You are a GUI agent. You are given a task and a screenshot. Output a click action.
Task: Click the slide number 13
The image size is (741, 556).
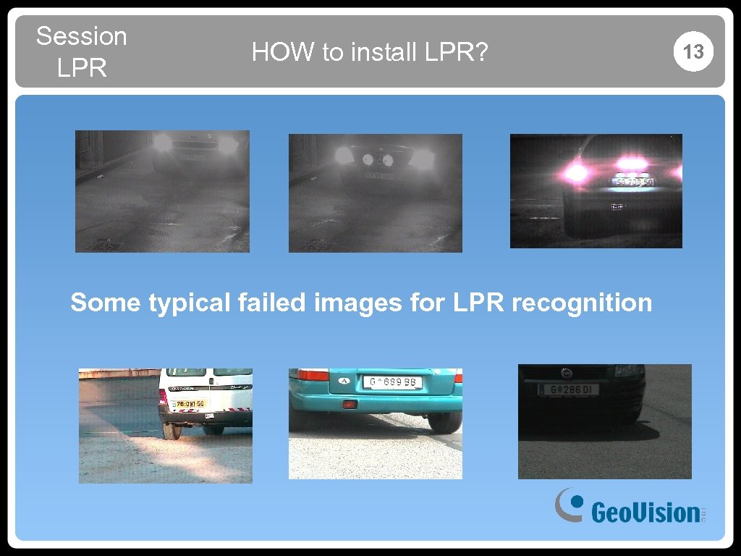pyautogui.click(x=693, y=51)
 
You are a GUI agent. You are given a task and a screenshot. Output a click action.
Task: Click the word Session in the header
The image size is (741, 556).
pyautogui.click(x=81, y=36)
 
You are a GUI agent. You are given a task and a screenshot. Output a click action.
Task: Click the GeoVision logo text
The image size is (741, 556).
pyautogui.click(x=645, y=513)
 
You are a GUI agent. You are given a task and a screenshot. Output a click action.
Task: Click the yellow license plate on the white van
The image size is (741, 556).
pyautogui.click(x=187, y=403)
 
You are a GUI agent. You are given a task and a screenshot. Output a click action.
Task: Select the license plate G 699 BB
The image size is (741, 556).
pyautogui.click(x=392, y=382)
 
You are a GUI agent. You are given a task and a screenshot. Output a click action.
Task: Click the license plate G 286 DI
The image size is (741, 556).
pyautogui.click(x=570, y=390)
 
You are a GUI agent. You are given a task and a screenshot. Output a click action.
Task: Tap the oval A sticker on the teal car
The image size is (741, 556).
pyautogui.click(x=344, y=381)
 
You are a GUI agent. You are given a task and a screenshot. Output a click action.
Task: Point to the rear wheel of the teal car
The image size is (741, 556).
pyautogui.click(x=444, y=421)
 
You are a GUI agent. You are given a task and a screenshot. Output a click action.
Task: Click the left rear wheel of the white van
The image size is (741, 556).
pyautogui.click(x=172, y=430)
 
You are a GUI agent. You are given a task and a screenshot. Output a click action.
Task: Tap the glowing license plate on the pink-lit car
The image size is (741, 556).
pyautogui.click(x=633, y=182)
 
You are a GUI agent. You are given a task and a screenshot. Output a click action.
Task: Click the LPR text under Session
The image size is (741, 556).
pyautogui.click(x=81, y=69)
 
